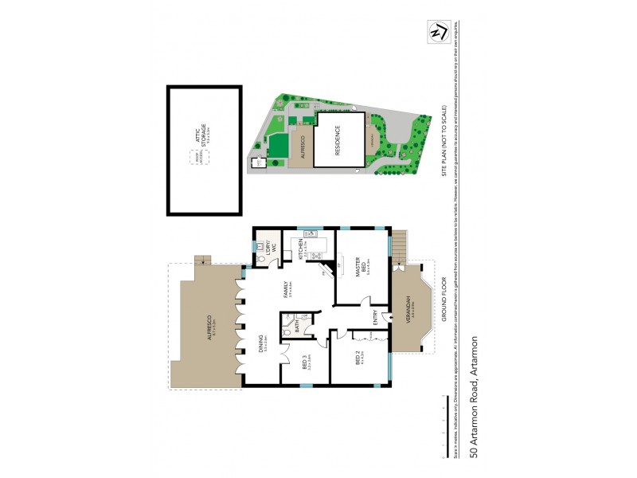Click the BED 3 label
point(306,363)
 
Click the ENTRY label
point(377,317)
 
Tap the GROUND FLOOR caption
point(444,299)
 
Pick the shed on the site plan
point(257,163)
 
